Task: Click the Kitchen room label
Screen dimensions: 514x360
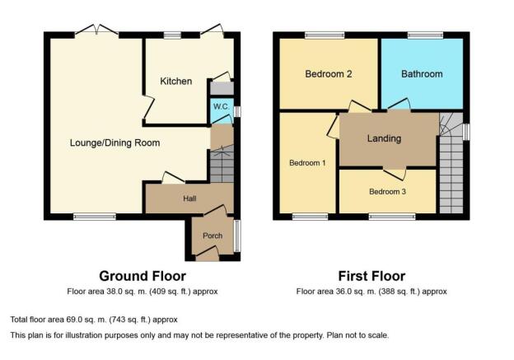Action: click(176, 81)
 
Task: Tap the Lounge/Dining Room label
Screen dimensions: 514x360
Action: click(114, 143)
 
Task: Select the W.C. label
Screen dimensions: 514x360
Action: click(222, 107)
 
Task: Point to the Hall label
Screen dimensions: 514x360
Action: click(189, 199)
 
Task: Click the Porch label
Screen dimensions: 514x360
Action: click(213, 236)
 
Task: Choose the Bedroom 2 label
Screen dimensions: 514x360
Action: click(329, 74)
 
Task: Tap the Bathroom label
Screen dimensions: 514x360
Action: click(422, 74)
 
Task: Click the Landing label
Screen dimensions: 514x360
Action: click(384, 138)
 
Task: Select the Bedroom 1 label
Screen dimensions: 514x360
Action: click(307, 163)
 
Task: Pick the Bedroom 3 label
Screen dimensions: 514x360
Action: click(387, 191)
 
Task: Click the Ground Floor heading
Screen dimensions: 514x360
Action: click(143, 276)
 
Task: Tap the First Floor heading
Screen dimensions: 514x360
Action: click(371, 276)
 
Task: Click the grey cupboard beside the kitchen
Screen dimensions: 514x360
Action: click(222, 88)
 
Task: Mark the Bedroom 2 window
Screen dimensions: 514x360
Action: click(325, 35)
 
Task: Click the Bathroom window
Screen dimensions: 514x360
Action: click(426, 35)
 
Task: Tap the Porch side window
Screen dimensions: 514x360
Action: click(237, 236)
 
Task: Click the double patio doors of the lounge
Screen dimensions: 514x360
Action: click(96, 30)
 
